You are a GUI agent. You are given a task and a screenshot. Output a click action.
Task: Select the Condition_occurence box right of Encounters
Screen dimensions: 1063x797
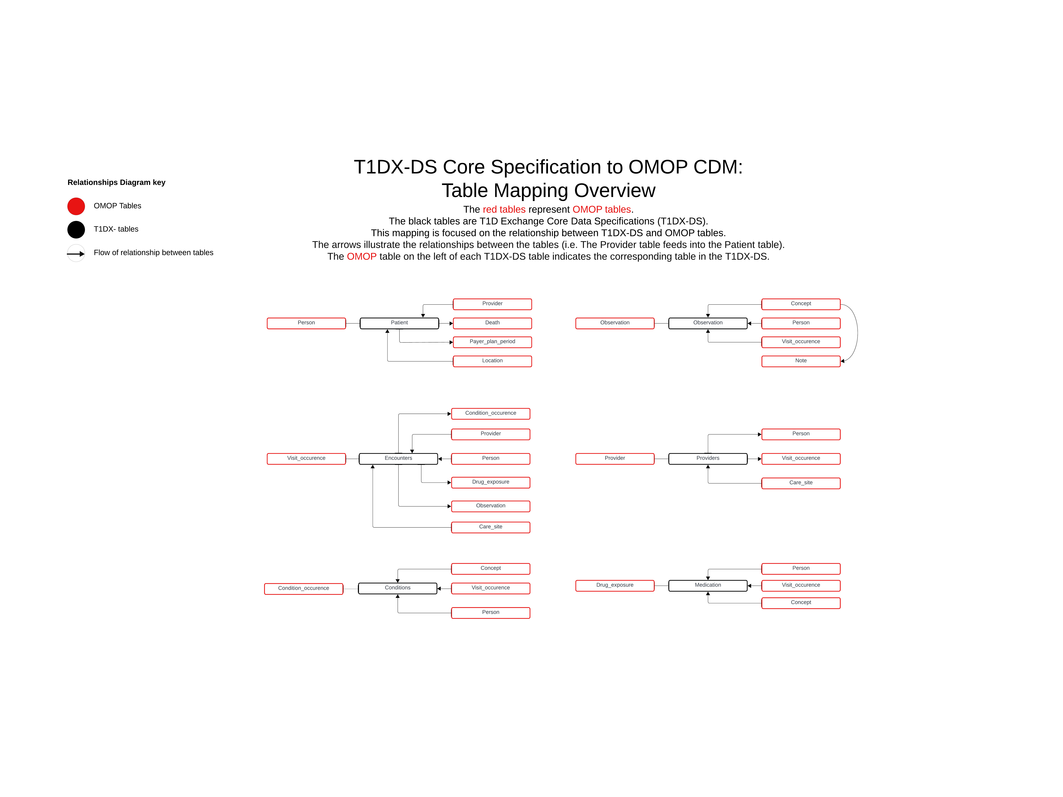coord(491,413)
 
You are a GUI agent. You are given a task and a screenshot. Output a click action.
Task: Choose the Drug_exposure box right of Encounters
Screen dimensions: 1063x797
coord(491,482)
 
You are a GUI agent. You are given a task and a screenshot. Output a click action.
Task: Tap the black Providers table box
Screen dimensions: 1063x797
coord(708,459)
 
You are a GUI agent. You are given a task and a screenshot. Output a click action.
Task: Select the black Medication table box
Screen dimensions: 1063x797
coord(708,585)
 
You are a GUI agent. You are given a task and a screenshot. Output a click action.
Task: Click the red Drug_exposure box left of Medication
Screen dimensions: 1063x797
coord(615,585)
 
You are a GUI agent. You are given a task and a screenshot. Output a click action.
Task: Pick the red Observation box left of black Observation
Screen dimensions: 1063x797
coord(615,323)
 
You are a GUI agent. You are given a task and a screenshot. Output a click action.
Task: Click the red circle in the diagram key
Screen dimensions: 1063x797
coord(76,206)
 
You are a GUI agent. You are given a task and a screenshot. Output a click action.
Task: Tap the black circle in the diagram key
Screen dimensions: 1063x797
coord(76,230)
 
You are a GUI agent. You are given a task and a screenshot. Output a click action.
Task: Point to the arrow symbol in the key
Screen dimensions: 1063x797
coord(76,253)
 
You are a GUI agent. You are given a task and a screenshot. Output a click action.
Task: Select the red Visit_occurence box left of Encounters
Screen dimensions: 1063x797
coord(306,459)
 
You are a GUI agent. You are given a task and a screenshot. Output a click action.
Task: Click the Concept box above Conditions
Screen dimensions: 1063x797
coord(491,569)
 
